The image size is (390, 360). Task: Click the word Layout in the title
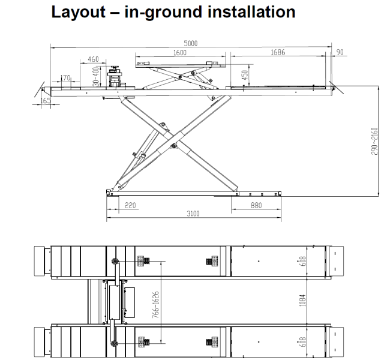point(78,13)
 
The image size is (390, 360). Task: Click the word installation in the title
point(251,11)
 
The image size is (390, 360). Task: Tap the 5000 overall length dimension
point(191,43)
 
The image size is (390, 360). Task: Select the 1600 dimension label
point(180,53)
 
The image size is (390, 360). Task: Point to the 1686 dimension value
point(278,52)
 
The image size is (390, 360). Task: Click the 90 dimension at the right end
point(340,52)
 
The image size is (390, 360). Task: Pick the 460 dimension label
point(93,59)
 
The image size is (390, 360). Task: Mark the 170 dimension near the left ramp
point(65,78)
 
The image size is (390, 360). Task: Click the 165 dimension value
point(46,101)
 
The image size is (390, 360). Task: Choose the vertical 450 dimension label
point(245,75)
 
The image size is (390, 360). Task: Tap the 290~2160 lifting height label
point(374,141)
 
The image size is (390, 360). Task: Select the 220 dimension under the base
point(130,205)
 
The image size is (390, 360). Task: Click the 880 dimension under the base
point(256,205)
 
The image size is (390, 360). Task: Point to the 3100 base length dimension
point(193,214)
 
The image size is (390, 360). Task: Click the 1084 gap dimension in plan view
point(302,300)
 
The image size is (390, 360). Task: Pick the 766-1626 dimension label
point(155,305)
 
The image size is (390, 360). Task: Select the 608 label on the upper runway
point(303,261)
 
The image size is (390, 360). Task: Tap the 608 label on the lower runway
point(303,342)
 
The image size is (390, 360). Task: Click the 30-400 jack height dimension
point(96,77)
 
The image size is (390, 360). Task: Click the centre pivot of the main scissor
point(173,146)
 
